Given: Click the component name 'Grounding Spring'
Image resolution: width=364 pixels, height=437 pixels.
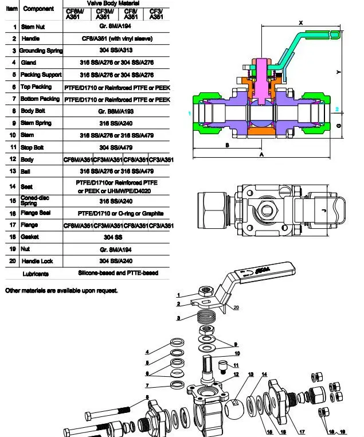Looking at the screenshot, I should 41,50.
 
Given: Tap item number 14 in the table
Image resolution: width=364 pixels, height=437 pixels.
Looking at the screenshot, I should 14,186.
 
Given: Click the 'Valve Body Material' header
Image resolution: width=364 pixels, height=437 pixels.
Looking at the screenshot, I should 116,3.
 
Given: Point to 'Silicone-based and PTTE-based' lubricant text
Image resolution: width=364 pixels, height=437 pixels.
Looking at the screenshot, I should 118,273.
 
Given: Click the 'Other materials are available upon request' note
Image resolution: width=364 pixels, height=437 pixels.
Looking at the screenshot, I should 61,291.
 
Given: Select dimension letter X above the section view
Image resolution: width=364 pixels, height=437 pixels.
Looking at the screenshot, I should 301,23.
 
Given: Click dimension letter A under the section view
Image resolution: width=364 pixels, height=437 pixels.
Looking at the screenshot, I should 261,155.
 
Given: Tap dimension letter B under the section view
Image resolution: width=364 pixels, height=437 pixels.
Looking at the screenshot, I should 227,146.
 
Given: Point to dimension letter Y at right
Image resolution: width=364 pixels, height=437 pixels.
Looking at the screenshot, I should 338,72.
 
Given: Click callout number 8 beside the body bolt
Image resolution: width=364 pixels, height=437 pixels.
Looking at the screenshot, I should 147,397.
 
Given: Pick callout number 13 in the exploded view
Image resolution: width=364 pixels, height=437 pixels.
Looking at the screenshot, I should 251,374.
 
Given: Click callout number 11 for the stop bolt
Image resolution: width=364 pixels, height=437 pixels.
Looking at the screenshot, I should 235,365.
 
